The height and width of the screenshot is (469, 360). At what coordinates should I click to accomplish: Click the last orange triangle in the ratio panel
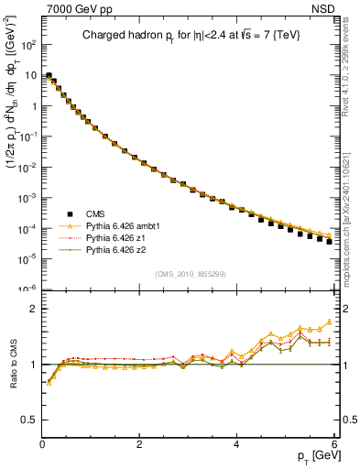coord(329,322)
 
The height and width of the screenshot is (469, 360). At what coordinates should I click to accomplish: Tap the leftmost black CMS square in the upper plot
coord(49,76)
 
